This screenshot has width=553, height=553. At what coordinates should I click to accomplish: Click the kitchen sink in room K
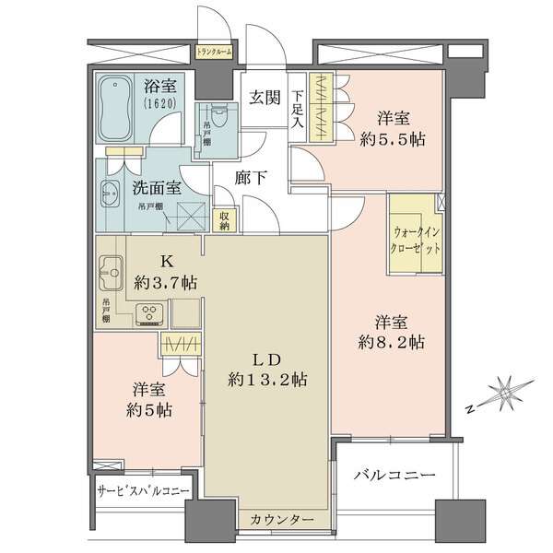[111, 274]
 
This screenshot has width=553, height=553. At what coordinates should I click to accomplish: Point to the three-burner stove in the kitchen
[147, 312]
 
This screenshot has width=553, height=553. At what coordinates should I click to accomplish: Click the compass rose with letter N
[504, 394]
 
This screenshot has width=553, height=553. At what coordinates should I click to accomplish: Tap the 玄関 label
[265, 98]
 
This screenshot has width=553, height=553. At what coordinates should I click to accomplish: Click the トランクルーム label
[215, 53]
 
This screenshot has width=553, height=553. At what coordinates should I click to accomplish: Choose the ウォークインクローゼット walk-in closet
[416, 243]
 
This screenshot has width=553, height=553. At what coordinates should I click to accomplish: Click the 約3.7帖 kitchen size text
[169, 280]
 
